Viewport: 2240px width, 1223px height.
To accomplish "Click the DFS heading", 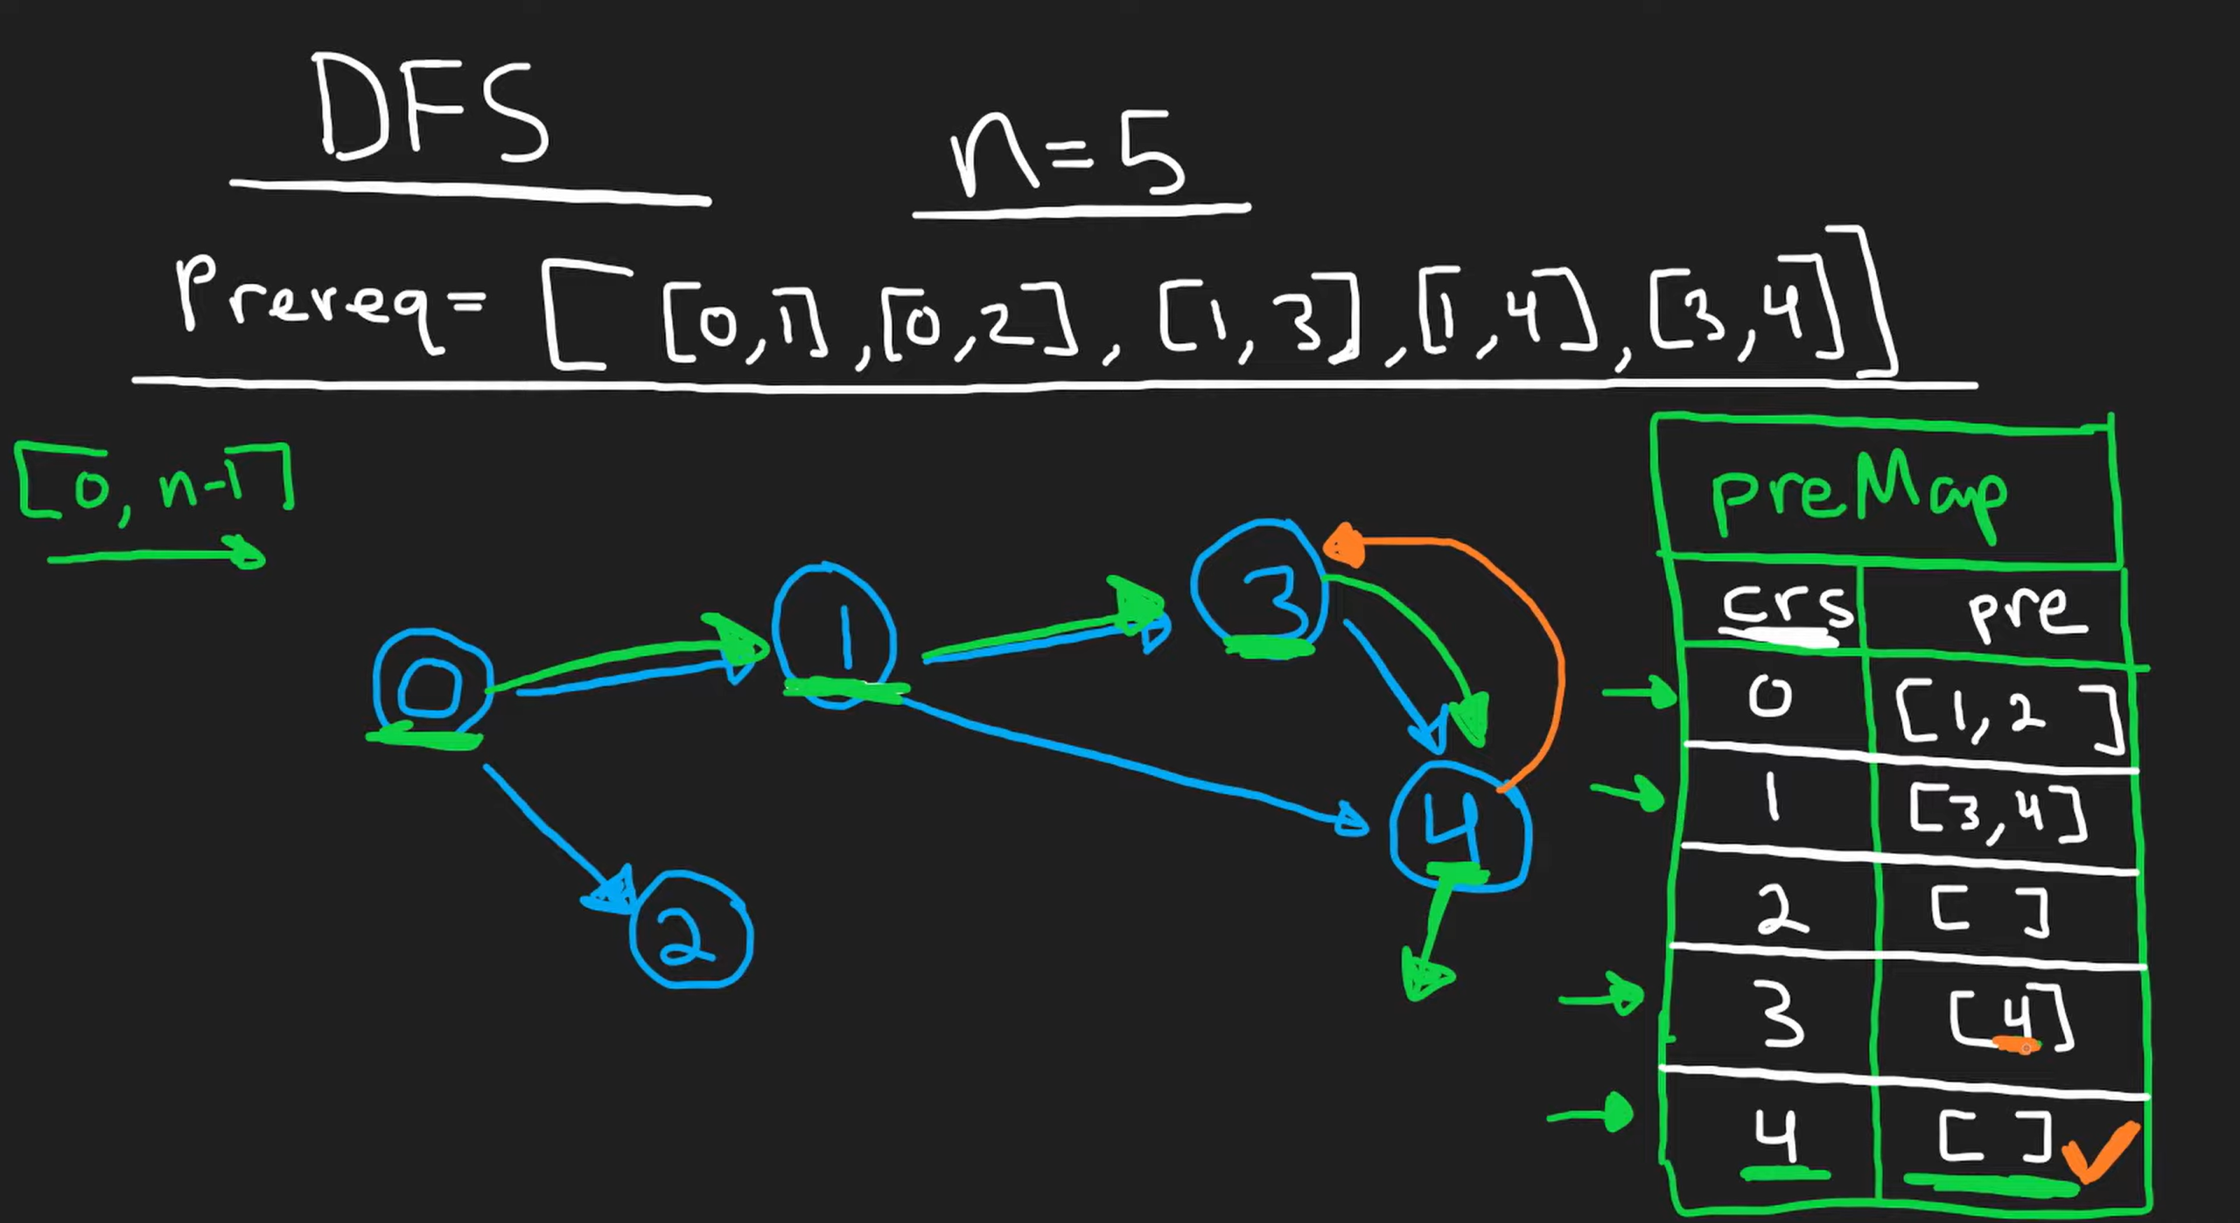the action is point(432,109).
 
